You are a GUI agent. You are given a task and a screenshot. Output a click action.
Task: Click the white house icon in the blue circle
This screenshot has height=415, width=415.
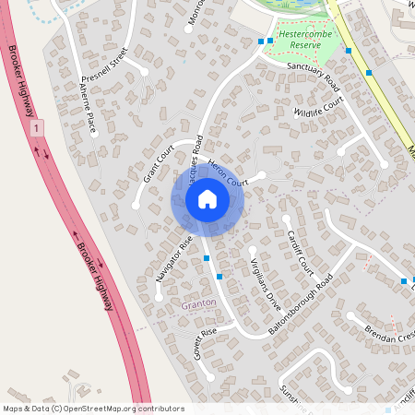coord(207,199)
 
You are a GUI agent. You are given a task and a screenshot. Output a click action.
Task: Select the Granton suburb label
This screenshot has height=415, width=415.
coord(198,302)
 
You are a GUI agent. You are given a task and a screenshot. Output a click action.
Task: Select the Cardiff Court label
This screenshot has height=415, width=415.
coord(300,252)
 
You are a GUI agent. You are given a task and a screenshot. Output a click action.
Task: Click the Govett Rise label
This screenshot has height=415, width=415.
coord(204,343)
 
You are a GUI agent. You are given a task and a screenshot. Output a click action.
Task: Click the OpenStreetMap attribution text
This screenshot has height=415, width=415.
coord(93,408)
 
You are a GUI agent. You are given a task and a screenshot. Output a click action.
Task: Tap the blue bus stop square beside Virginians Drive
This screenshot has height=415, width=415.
coord(219,276)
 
